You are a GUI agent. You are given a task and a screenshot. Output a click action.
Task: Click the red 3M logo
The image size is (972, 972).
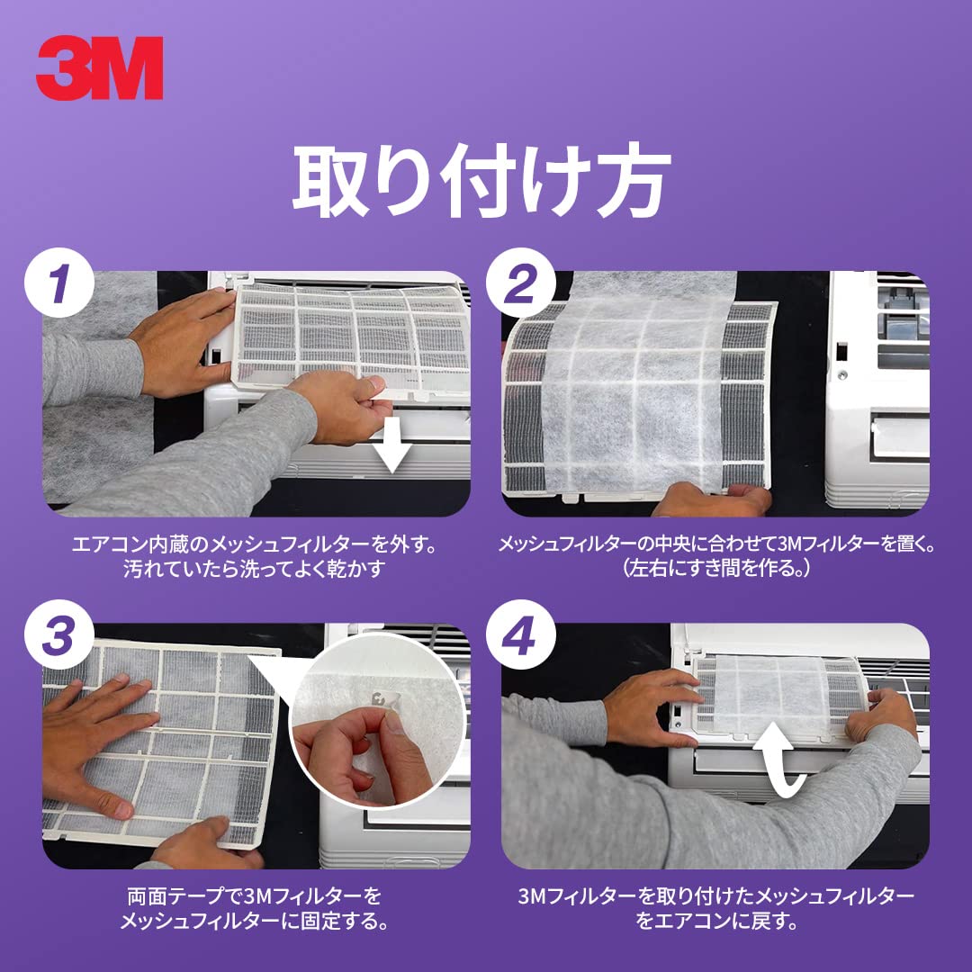tap(100, 67)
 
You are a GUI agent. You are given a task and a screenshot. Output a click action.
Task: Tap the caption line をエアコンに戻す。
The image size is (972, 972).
tap(715, 922)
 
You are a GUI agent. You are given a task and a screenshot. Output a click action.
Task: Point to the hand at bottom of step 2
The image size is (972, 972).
tap(711, 499)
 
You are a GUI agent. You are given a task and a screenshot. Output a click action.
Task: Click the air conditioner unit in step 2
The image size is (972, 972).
tap(877, 387)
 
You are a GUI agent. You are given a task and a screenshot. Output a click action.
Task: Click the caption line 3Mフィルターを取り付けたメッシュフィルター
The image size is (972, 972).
tap(715, 896)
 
